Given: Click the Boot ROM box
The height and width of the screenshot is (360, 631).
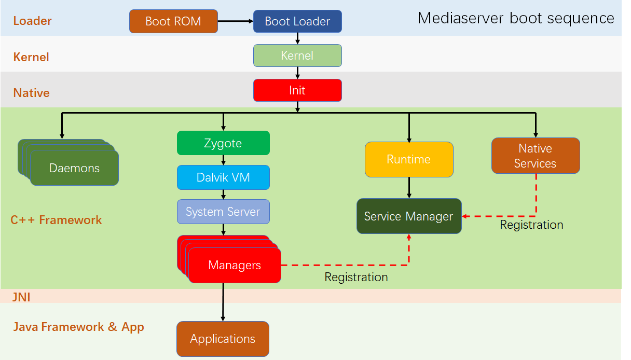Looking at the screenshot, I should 173,21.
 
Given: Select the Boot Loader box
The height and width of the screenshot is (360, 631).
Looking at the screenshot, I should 297,21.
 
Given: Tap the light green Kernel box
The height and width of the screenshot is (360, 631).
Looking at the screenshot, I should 297,56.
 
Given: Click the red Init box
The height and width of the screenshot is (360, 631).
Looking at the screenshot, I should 297,90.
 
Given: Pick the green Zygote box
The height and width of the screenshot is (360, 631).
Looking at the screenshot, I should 223,143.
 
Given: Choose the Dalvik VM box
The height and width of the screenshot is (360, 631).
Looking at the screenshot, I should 223,177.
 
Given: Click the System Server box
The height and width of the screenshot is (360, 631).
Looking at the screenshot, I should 223,212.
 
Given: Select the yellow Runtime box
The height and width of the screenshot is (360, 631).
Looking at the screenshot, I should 409,159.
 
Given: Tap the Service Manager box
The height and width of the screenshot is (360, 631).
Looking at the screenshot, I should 409,216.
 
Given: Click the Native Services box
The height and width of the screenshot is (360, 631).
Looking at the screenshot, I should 536,156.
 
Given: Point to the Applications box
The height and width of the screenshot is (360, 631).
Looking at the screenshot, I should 223,339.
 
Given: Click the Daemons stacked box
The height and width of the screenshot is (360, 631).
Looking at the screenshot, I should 74,168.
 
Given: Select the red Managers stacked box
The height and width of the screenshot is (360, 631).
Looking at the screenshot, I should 235,266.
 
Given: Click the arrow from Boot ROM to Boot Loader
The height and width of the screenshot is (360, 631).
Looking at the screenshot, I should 235,21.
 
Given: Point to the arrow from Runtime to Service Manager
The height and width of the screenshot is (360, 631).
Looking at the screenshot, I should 409,187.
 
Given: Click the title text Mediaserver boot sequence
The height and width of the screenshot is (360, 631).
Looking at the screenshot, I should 516,18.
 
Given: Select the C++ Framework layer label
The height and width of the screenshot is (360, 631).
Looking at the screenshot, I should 56,220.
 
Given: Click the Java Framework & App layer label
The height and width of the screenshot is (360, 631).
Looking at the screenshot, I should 78,327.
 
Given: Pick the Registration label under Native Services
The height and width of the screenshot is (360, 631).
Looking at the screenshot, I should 531,225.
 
